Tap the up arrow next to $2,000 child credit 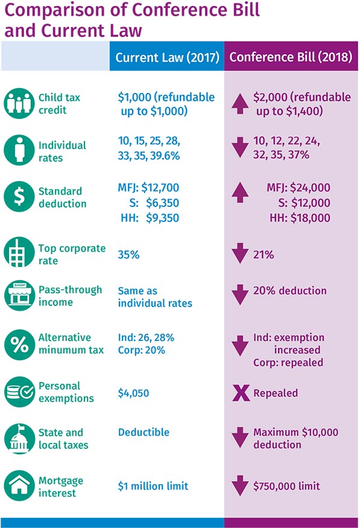click(x=240, y=104)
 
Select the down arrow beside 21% click(x=240, y=254)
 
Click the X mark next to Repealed click(x=240, y=393)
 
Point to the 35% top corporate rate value click(x=128, y=255)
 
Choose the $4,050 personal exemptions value click(x=134, y=393)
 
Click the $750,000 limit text click(x=286, y=486)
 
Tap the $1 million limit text click(x=153, y=486)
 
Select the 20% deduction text click(x=290, y=291)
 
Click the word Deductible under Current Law click(x=144, y=432)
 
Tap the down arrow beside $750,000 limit click(x=240, y=486)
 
